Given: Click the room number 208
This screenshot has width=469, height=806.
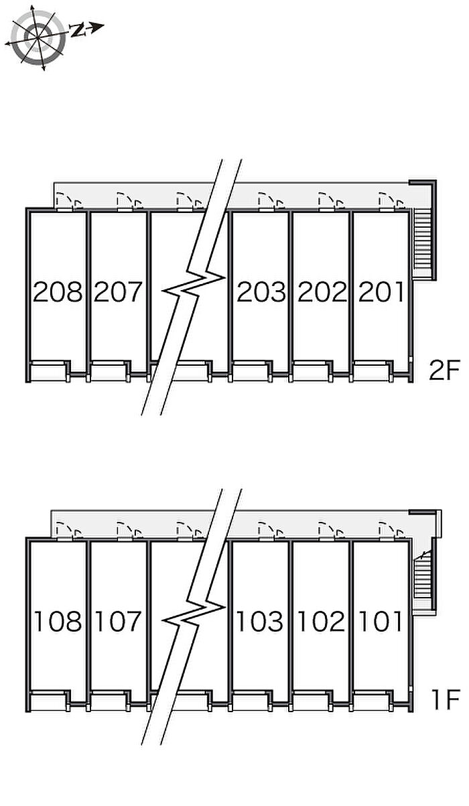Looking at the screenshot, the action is point(58,292).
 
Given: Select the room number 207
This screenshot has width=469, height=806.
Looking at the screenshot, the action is point(118,292).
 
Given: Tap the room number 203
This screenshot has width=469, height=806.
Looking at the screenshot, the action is point(261,292).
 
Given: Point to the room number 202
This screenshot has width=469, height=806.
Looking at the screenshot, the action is point(322,292).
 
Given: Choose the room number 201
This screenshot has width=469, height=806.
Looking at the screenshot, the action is point(381,292).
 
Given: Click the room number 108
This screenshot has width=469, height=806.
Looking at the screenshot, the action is point(58,621).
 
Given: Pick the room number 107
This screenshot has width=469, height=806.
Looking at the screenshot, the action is point(118,621).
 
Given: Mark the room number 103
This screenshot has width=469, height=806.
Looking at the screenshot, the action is point(259,621).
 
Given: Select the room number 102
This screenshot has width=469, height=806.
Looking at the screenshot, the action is point(321,621).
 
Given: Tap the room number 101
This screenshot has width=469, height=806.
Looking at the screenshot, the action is point(381,621).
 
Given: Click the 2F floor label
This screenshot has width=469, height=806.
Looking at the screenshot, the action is point(444,371).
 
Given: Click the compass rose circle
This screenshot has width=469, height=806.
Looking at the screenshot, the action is point(38,38).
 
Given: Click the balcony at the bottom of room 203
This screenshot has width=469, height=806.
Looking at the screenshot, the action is point(251,373).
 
